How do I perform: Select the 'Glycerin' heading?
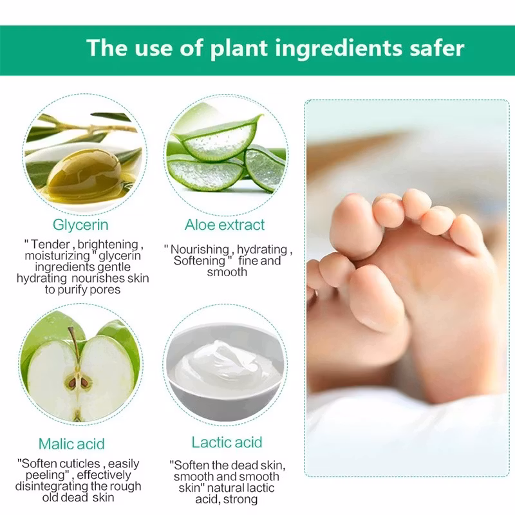80,225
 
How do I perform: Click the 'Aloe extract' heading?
225,225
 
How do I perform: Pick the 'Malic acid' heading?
71,444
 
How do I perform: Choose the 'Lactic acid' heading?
227,442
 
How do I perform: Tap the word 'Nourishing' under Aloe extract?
200,249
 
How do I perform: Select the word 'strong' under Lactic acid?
240,500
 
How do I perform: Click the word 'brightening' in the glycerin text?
108,245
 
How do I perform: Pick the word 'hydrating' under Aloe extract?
262,250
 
